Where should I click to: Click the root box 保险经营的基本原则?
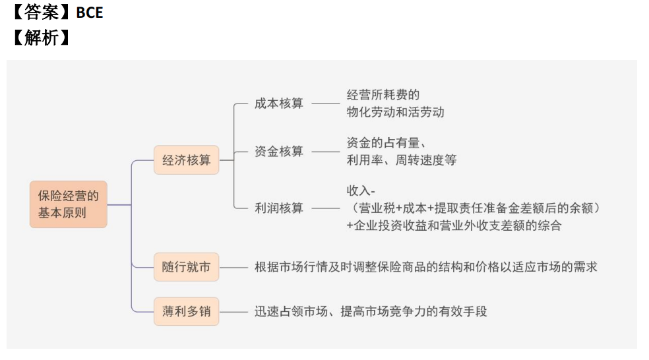[x=69, y=204]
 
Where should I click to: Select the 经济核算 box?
[x=186, y=160]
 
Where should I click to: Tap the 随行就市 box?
[x=186, y=267]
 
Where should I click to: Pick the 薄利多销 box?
[x=186, y=311]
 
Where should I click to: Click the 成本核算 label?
[x=278, y=104]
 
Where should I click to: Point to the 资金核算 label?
[x=278, y=152]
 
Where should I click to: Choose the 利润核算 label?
[x=278, y=208]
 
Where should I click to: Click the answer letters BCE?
[x=90, y=13]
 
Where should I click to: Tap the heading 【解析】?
[x=41, y=38]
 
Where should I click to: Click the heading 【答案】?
[x=41, y=13]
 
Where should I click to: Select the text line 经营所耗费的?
[x=383, y=95]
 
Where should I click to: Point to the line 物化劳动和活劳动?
[x=395, y=112]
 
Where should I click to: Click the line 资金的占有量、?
[x=386, y=143]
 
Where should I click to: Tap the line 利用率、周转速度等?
[x=402, y=160]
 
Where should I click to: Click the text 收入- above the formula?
[x=361, y=191]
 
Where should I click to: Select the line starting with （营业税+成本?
[x=473, y=208]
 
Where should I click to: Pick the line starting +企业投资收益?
[x=454, y=225]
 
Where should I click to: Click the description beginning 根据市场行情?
[x=426, y=267]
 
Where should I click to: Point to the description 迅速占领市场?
[x=371, y=311]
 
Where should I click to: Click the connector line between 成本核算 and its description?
[x=326, y=104]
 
